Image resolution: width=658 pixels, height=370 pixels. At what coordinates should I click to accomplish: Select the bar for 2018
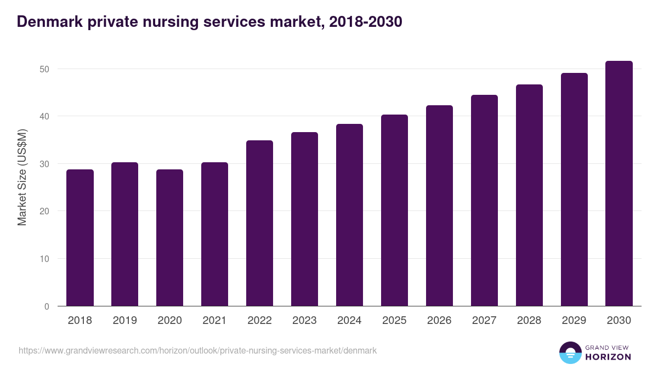tap(80, 238)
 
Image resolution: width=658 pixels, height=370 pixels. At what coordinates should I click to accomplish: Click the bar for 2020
tap(170, 238)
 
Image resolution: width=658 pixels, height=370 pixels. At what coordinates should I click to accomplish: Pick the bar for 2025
tap(394, 210)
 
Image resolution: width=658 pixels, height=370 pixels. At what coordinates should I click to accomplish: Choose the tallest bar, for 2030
tap(619, 184)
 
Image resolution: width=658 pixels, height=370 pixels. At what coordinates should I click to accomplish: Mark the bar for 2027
tap(484, 201)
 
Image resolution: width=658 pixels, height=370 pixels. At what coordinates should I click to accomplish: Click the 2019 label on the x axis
tap(125, 321)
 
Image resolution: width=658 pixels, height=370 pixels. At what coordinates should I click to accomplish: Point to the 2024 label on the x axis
tap(349, 321)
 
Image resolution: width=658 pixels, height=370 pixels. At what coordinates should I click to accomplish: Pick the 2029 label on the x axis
tap(574, 321)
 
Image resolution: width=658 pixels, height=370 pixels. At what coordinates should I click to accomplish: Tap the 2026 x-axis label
tap(439, 321)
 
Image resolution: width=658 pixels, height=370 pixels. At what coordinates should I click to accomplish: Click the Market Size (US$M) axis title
tap(22, 177)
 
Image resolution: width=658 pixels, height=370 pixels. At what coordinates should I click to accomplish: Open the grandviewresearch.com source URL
tap(197, 350)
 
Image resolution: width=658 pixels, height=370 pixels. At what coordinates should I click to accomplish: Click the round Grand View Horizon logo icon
tap(570, 352)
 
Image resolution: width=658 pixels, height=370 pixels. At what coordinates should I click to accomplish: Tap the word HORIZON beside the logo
tap(608, 357)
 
